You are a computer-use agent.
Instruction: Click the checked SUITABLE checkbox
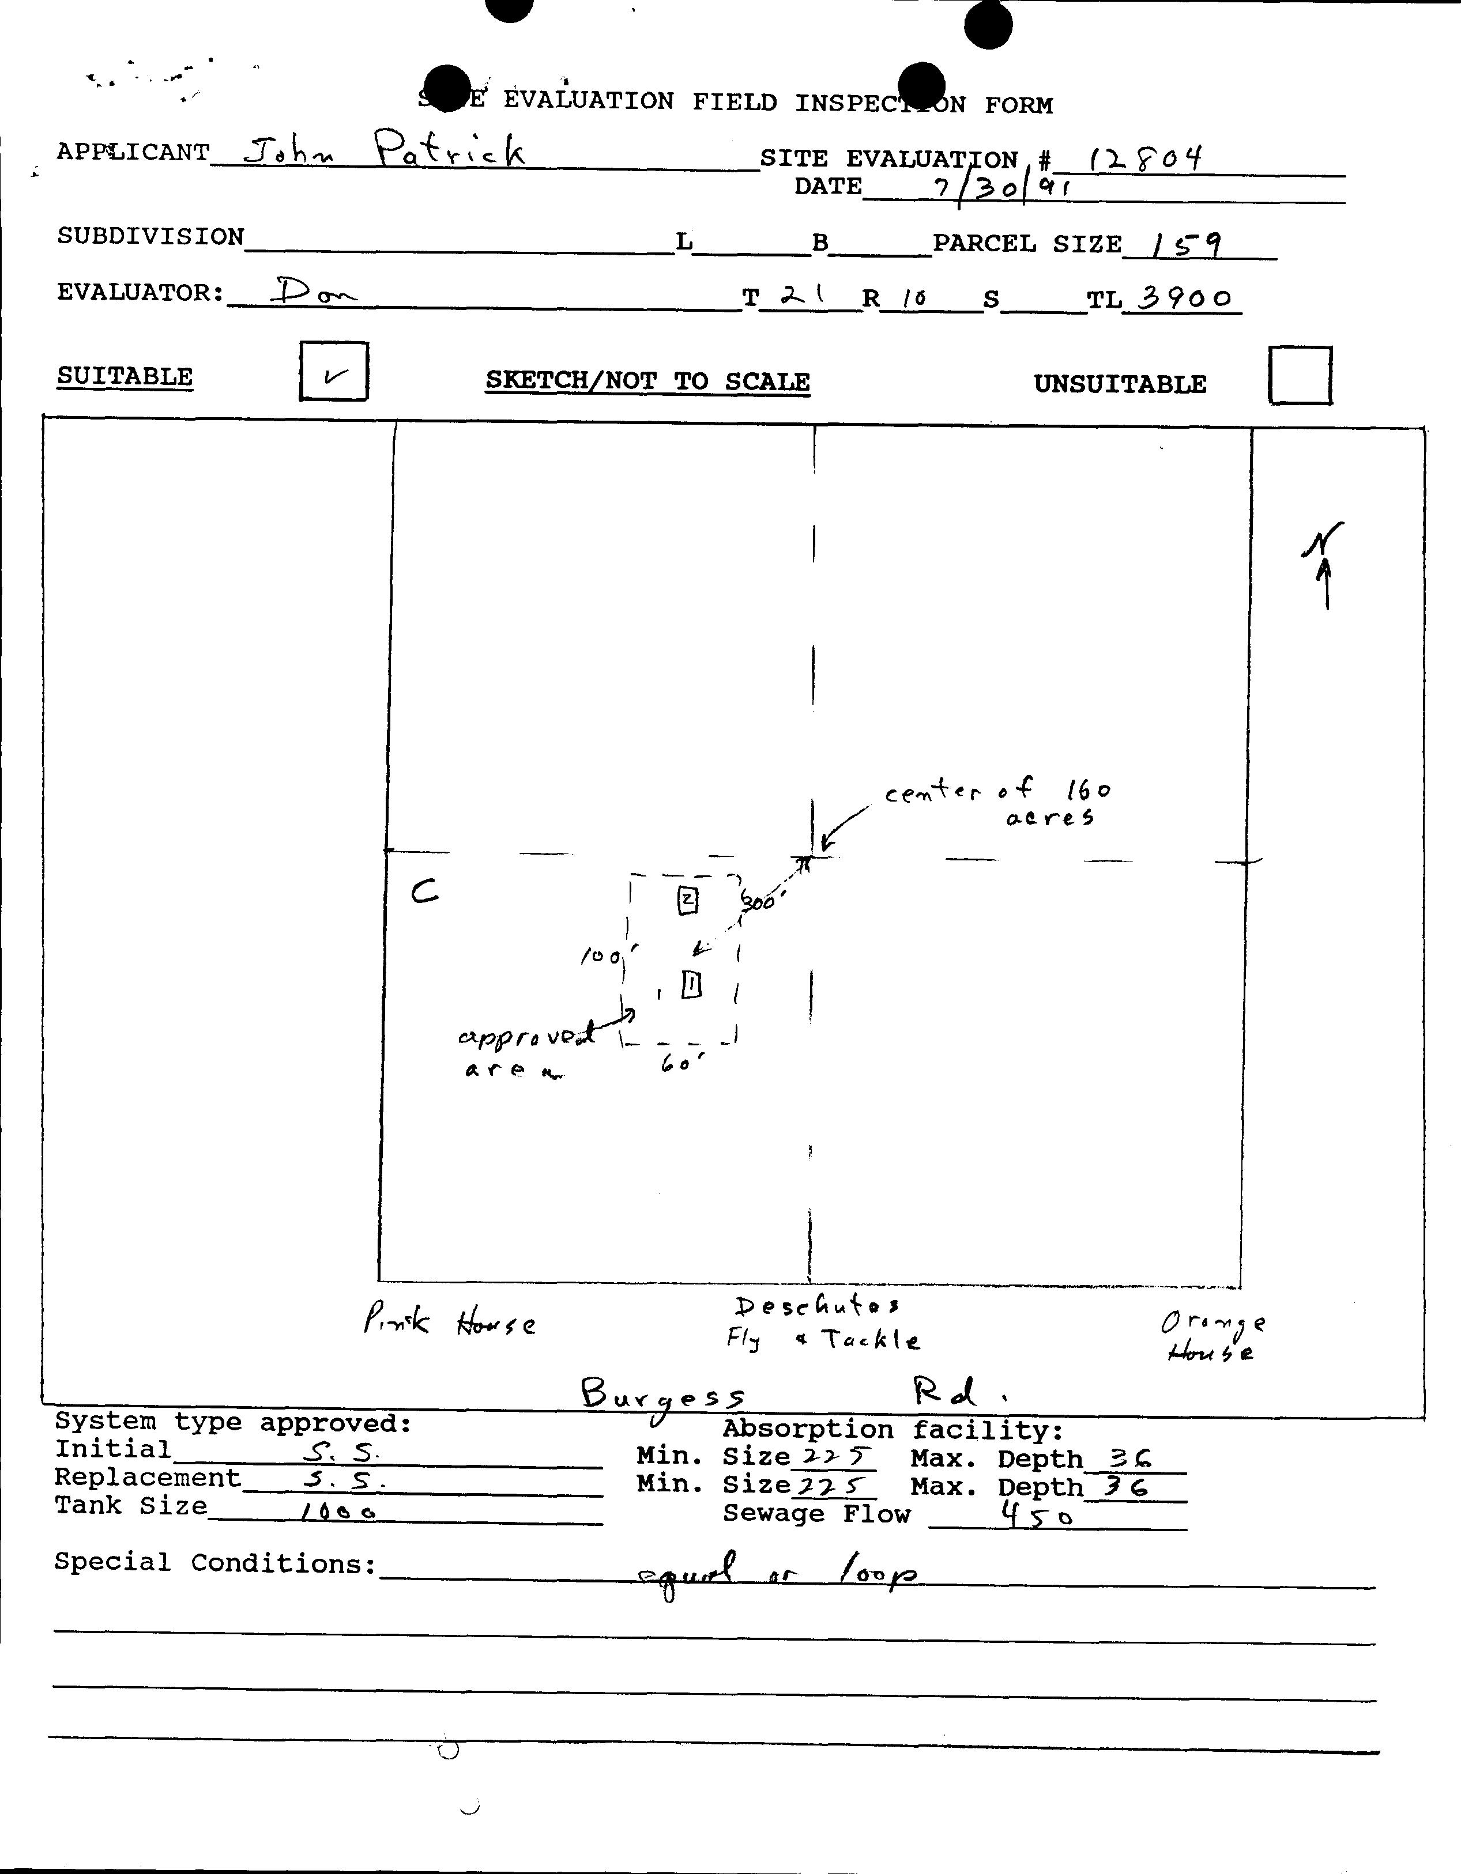pyautogui.click(x=334, y=372)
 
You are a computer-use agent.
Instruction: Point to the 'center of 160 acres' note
pyautogui.click(x=1000, y=802)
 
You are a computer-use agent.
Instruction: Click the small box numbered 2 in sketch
pyautogui.click(x=688, y=900)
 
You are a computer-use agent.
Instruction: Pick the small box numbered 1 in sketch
pyautogui.click(x=692, y=984)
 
